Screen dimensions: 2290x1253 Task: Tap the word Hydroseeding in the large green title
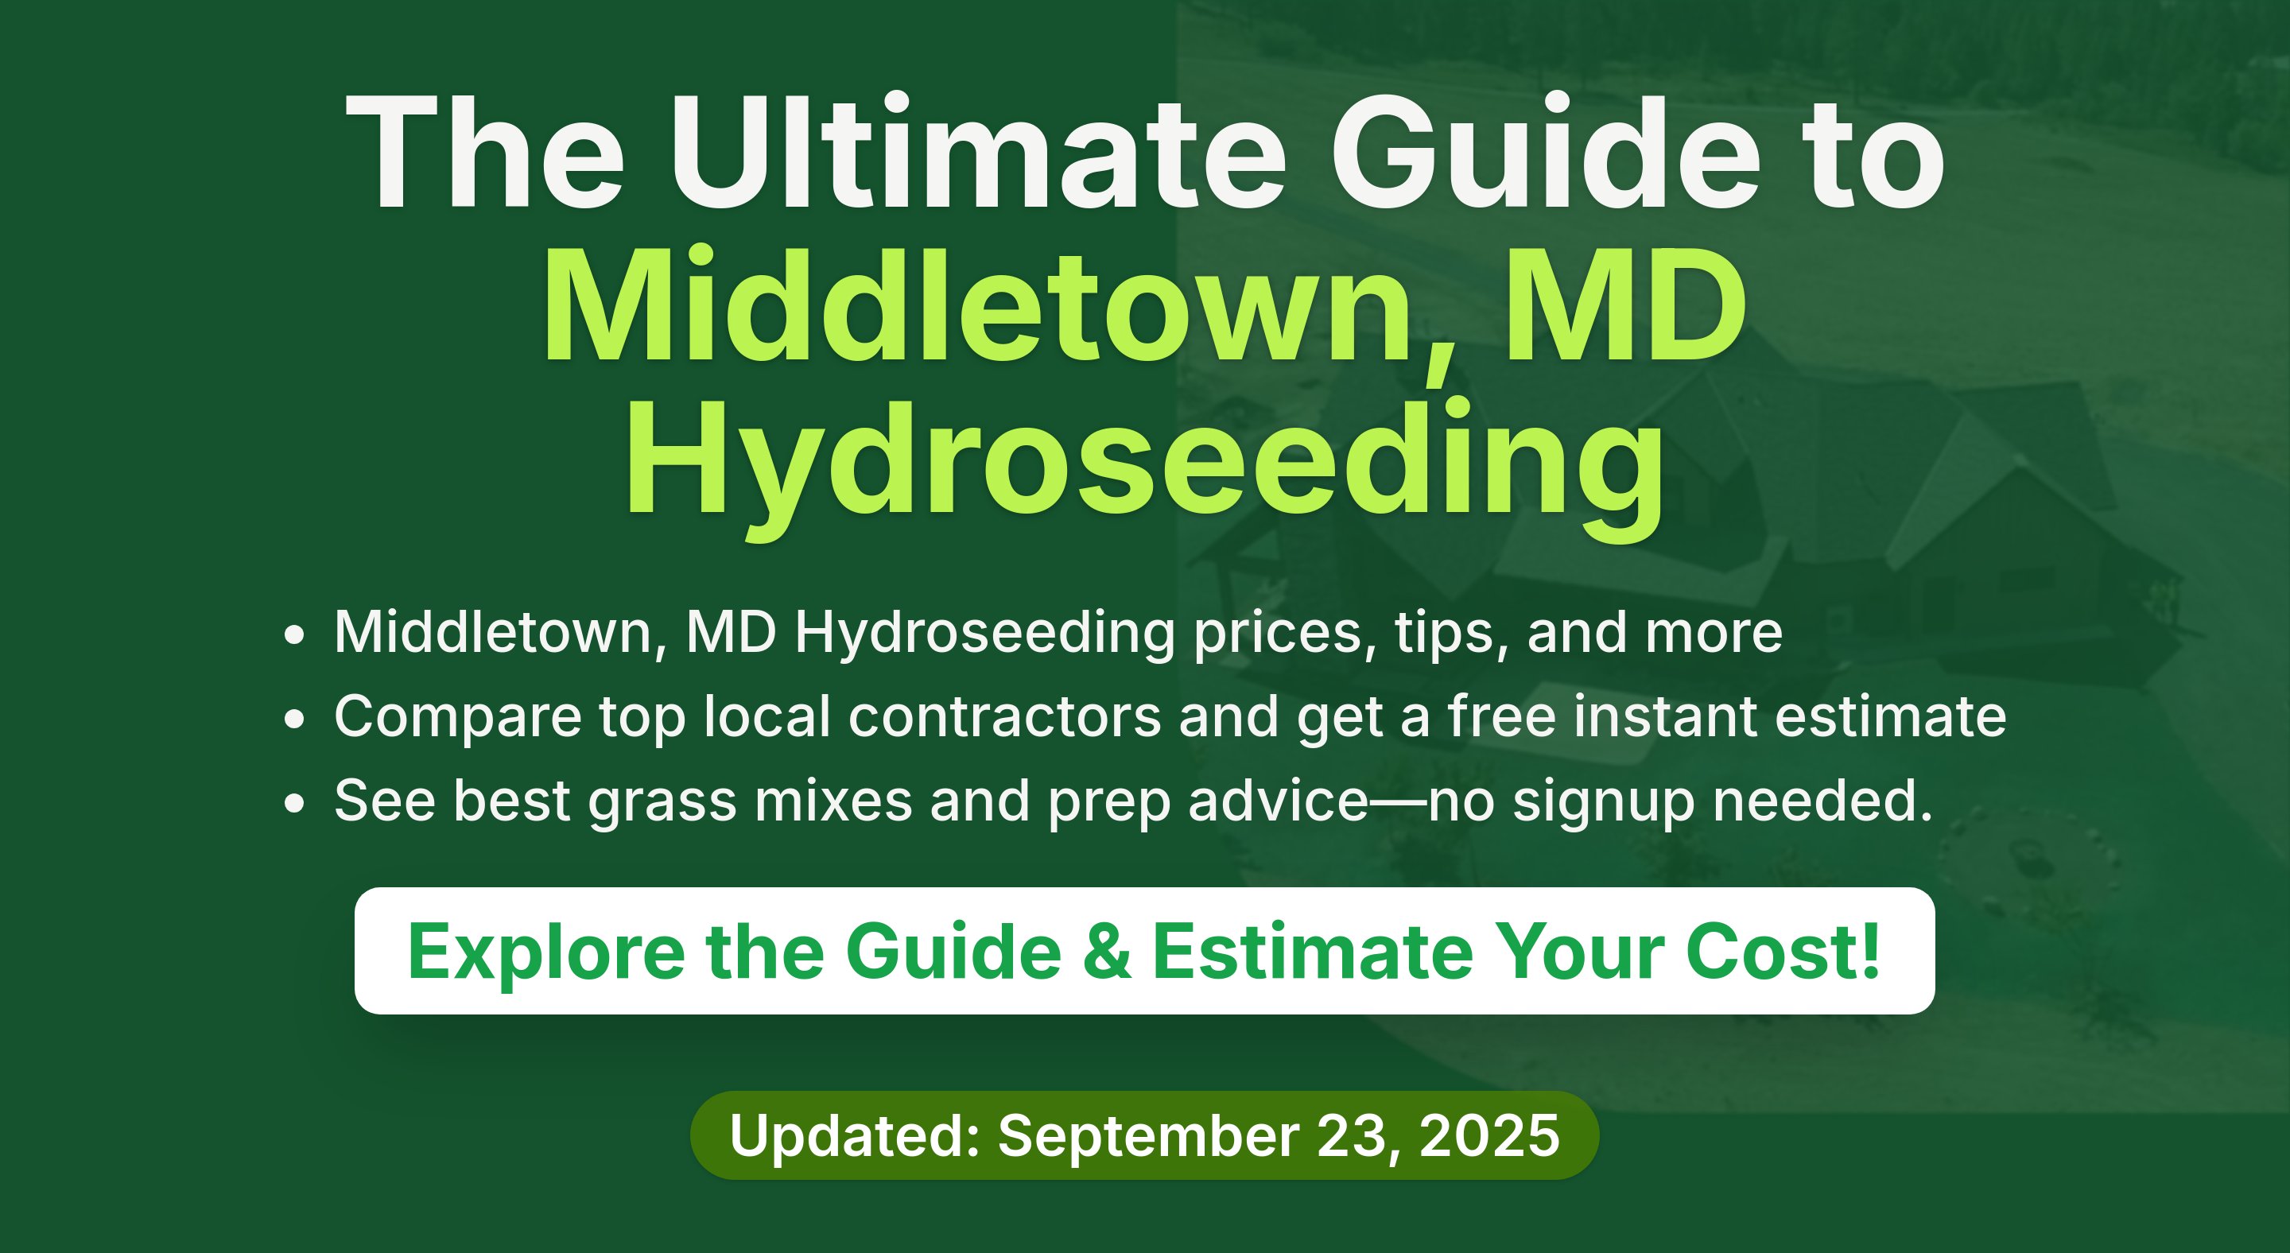[1144, 467]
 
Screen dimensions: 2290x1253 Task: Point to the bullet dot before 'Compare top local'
[294, 719]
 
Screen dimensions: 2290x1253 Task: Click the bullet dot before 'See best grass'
[294, 803]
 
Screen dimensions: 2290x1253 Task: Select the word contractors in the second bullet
[1004, 716]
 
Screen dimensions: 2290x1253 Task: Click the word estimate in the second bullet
[1891, 716]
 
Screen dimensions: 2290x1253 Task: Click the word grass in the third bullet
[662, 803]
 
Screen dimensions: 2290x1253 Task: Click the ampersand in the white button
[1108, 952]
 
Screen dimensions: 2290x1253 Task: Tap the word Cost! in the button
[1783, 951]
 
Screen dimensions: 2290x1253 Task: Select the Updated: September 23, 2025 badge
[1144, 1135]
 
